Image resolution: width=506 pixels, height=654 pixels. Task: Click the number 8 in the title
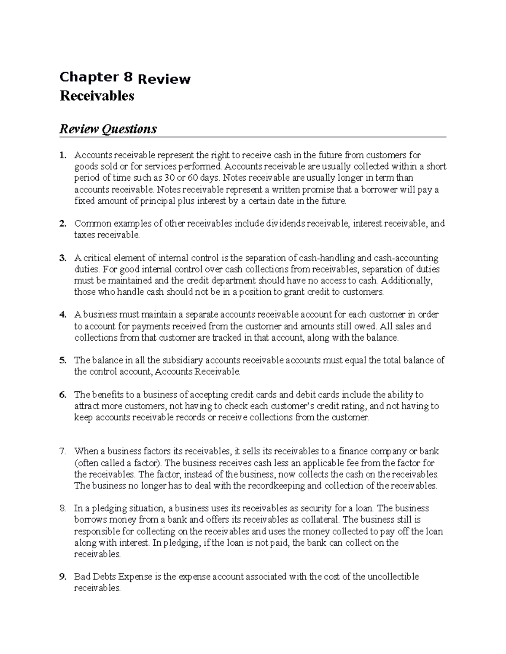128,77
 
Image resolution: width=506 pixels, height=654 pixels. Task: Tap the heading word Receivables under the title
97,96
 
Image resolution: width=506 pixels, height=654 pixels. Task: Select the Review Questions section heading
108,129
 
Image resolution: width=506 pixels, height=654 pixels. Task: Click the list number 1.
62,155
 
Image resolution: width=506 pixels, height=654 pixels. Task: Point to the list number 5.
62,360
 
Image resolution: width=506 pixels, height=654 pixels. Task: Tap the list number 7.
62,451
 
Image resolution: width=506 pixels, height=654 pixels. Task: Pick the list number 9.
62,577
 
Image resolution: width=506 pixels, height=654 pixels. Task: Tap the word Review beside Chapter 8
164,79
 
